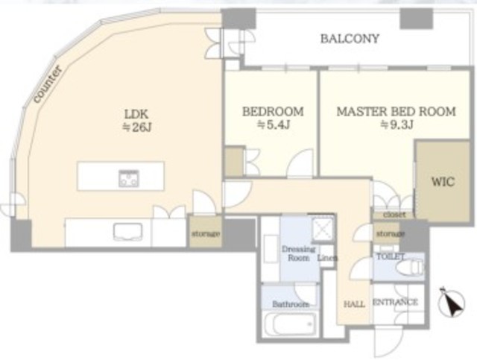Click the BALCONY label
click(350, 39)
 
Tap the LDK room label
click(136, 114)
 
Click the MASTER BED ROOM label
click(396, 112)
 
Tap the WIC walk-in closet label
click(443, 182)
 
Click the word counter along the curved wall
click(48, 85)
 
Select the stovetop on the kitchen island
click(129, 178)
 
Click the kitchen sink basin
click(127, 232)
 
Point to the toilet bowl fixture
click(409, 268)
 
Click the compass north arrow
click(452, 303)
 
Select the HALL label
click(355, 303)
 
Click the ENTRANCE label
click(395, 302)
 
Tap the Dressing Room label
click(298, 253)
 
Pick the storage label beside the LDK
click(206, 234)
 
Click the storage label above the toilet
click(391, 234)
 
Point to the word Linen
click(327, 258)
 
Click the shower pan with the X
click(323, 227)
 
